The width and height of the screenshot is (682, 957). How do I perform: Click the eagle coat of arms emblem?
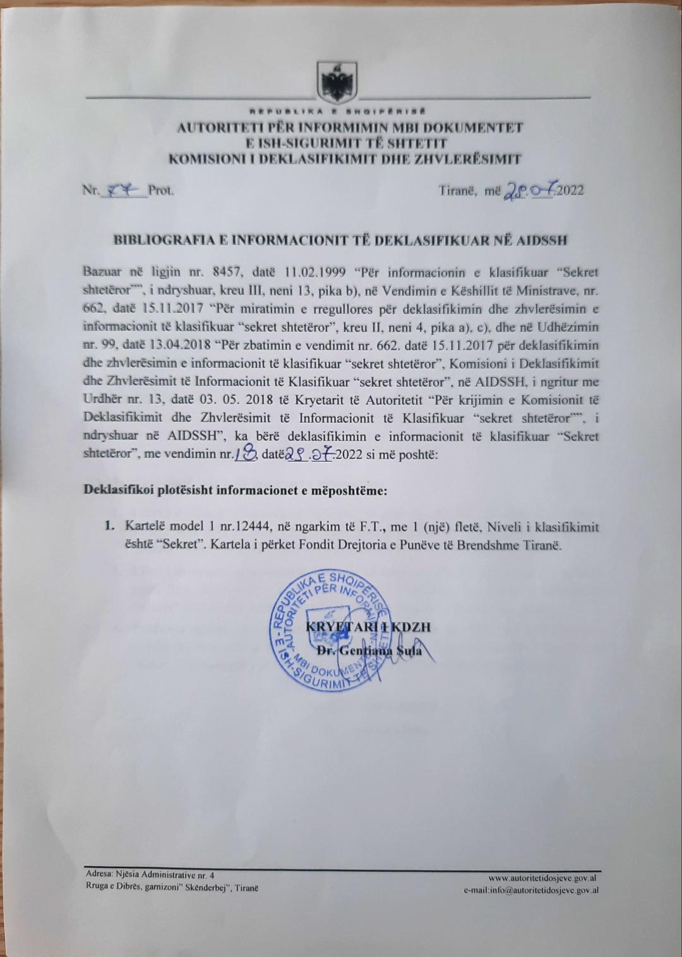coord(333,81)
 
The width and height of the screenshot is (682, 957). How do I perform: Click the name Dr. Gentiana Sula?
coord(369,650)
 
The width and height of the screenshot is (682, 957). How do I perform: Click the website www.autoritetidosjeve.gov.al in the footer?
coord(544,878)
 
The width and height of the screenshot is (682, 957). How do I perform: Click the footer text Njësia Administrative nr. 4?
coord(160,875)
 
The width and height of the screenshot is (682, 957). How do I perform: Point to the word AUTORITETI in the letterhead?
coord(215,128)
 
